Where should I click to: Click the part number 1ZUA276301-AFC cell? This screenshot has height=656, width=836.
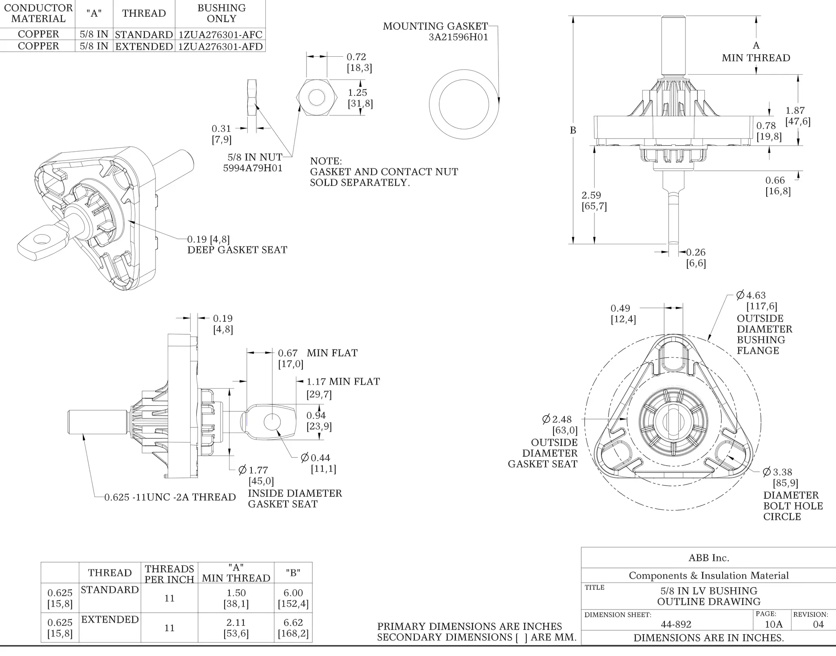tap(220, 34)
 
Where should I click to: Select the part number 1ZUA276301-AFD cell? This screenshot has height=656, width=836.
tap(220, 46)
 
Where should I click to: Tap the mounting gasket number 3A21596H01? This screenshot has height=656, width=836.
tap(458, 37)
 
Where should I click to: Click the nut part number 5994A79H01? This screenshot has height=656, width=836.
tap(253, 168)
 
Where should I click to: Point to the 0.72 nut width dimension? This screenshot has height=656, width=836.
tap(356, 57)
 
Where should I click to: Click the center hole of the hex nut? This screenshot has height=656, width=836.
tap(316, 98)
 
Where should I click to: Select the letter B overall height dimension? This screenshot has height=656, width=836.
tap(573, 130)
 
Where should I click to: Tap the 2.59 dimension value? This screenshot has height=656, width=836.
tap(591, 195)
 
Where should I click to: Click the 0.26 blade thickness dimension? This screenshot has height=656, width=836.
tap(696, 252)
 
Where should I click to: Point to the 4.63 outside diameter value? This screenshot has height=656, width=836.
tap(756, 295)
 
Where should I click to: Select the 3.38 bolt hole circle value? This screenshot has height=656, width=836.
tap(782, 472)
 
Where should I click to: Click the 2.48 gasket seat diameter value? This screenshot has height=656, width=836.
tap(562, 419)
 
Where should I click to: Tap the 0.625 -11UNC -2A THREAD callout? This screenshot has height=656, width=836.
tap(170, 497)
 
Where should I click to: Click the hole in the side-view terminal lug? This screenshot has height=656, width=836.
tap(272, 422)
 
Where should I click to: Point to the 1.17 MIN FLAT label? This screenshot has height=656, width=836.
tap(343, 382)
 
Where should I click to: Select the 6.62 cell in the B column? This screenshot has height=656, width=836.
tap(293, 623)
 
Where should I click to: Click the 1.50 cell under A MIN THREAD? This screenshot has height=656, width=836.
tap(236, 593)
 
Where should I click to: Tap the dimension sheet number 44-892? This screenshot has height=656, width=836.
tap(676, 624)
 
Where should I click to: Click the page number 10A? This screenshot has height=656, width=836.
tap(774, 624)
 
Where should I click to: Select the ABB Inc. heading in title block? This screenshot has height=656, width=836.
tap(709, 558)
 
